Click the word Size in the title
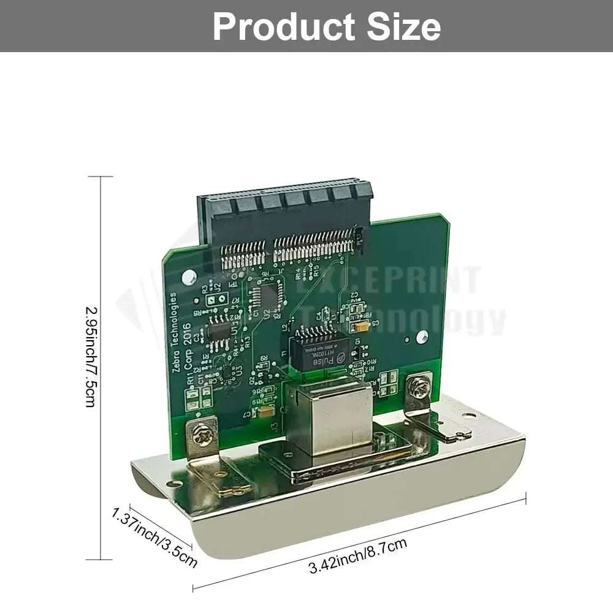[x=405, y=27]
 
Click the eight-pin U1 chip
[x=219, y=330]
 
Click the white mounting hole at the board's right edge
[x=421, y=336]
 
